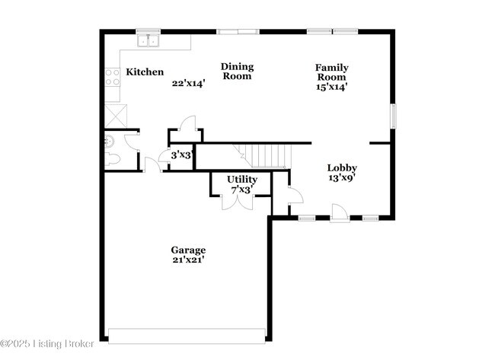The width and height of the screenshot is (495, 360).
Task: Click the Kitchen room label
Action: coord(145,72)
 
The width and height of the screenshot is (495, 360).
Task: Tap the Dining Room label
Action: coord(237,72)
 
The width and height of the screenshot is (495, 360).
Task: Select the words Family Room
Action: coord(331,72)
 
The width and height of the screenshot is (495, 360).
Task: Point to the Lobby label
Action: coord(342,168)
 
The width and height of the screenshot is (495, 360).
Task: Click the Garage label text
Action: coord(187,250)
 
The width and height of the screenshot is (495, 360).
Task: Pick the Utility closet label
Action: coord(241,180)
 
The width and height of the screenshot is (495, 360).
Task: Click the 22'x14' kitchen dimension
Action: coord(188,84)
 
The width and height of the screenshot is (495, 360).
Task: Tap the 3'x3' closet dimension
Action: coord(181,155)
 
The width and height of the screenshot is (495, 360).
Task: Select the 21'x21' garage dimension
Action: coord(187,260)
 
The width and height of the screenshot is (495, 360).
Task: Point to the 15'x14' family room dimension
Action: coord(331,87)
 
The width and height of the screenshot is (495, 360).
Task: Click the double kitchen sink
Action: coord(147,40)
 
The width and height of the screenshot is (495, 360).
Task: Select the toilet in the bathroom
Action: coord(112,158)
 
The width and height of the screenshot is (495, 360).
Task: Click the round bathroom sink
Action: coord(109,140)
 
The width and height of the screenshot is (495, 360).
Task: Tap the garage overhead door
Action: coord(187,335)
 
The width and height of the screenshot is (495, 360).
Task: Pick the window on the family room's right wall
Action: coord(393,116)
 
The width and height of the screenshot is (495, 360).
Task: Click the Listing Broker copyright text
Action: coord(47,344)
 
